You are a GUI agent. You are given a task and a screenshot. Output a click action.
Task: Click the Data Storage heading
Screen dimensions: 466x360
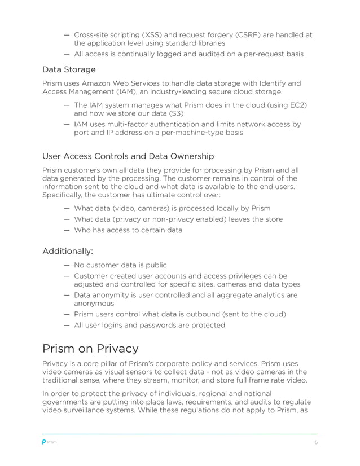(69, 69)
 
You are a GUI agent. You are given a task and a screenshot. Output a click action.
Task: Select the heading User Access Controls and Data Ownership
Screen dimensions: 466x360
(128, 156)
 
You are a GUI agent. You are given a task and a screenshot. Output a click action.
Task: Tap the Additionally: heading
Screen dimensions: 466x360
(68, 250)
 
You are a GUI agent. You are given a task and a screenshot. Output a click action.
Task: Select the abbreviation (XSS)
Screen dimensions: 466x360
(163, 35)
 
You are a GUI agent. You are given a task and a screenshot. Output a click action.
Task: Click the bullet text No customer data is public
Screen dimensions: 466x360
(120, 265)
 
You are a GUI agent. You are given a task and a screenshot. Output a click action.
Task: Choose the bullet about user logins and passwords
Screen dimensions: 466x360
(150, 326)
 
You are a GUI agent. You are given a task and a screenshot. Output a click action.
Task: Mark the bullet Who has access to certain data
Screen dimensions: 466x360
(128, 230)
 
